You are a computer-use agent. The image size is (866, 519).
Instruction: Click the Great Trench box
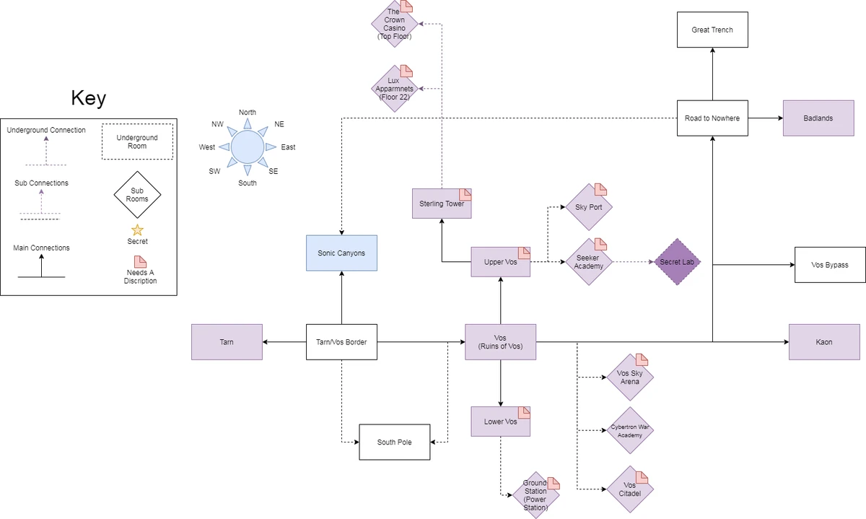click(x=712, y=30)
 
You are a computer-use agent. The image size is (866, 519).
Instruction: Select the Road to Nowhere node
click(x=712, y=118)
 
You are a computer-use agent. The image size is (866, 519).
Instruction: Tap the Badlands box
click(x=818, y=118)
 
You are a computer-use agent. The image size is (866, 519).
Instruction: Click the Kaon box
click(x=823, y=342)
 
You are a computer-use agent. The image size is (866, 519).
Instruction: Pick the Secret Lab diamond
click(x=677, y=262)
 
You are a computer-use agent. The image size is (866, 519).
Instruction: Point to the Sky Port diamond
click(x=588, y=207)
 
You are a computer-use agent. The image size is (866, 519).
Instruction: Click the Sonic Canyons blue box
click(x=341, y=253)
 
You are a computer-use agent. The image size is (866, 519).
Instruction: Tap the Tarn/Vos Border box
click(x=341, y=342)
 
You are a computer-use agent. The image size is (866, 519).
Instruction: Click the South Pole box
click(x=394, y=442)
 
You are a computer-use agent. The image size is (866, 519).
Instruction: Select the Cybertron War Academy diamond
click(x=630, y=431)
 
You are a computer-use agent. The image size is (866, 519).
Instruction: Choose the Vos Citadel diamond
click(x=629, y=489)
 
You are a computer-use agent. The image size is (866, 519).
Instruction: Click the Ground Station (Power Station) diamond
click(x=535, y=496)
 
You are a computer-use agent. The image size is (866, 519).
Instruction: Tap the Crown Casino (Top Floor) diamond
click(x=394, y=25)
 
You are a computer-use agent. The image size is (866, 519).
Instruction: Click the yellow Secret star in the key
click(x=137, y=230)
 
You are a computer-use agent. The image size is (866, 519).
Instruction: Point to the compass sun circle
click(x=248, y=147)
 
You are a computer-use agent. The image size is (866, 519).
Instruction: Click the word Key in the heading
click(x=88, y=98)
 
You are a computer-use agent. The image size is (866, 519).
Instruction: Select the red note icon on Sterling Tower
click(x=465, y=194)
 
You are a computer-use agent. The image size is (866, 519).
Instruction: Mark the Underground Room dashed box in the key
click(x=137, y=141)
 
